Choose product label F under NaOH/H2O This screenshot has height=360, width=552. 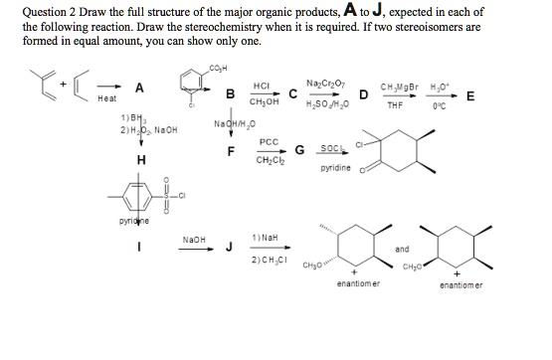coord(231,151)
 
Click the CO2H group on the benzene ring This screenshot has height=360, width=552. coord(217,67)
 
